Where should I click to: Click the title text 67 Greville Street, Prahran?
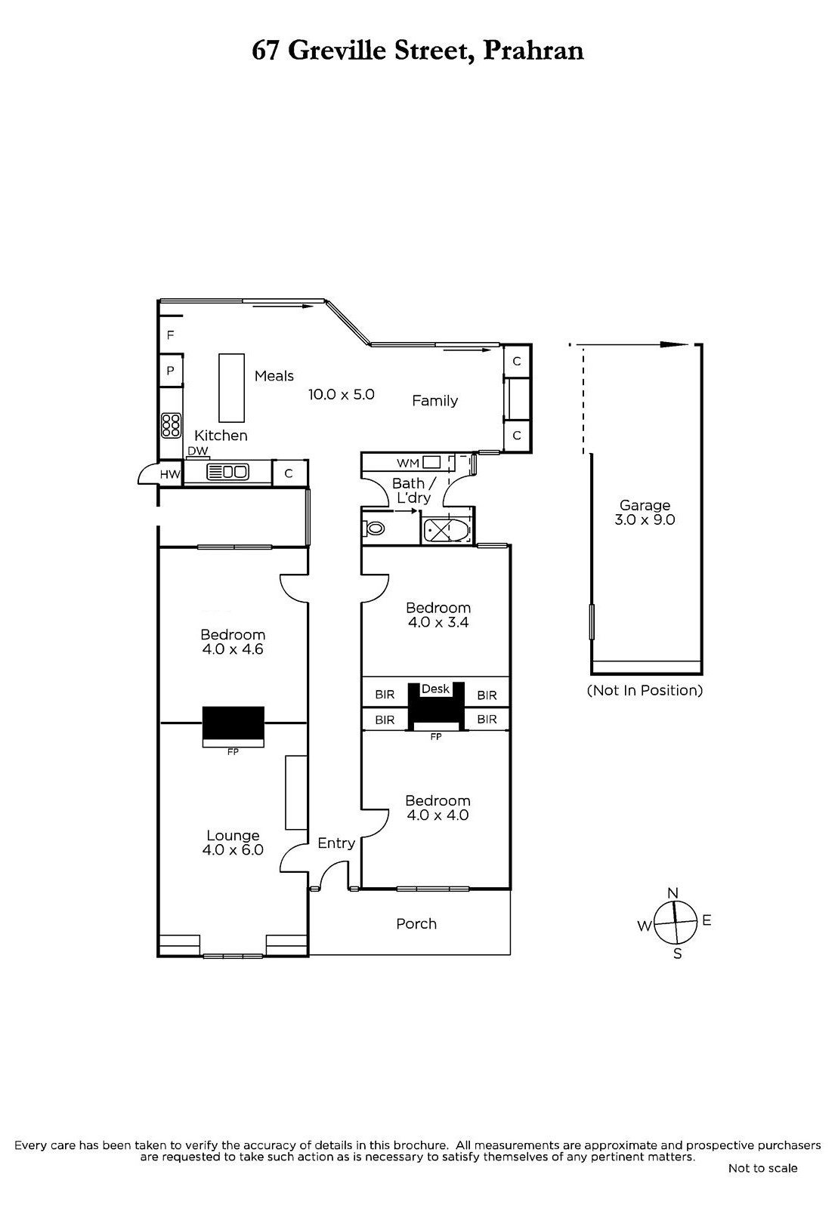click(x=418, y=51)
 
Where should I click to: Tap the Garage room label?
click(x=645, y=505)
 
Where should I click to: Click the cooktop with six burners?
click(x=171, y=426)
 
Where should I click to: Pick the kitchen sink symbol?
click(x=227, y=472)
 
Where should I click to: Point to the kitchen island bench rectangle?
click(x=231, y=388)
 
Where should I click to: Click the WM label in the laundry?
click(x=408, y=463)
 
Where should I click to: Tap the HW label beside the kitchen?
click(x=170, y=475)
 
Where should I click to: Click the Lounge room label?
click(x=233, y=835)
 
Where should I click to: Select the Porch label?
click(x=416, y=924)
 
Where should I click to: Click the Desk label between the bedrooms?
click(x=435, y=689)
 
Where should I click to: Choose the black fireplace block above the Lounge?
click(x=233, y=723)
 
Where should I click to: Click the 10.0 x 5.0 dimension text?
click(x=342, y=394)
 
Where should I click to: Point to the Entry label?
click(x=336, y=843)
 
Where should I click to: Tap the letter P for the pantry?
click(x=171, y=371)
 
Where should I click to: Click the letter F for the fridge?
click(x=171, y=335)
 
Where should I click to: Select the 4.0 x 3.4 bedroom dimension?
click(x=438, y=622)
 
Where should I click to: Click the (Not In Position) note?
click(x=645, y=690)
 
